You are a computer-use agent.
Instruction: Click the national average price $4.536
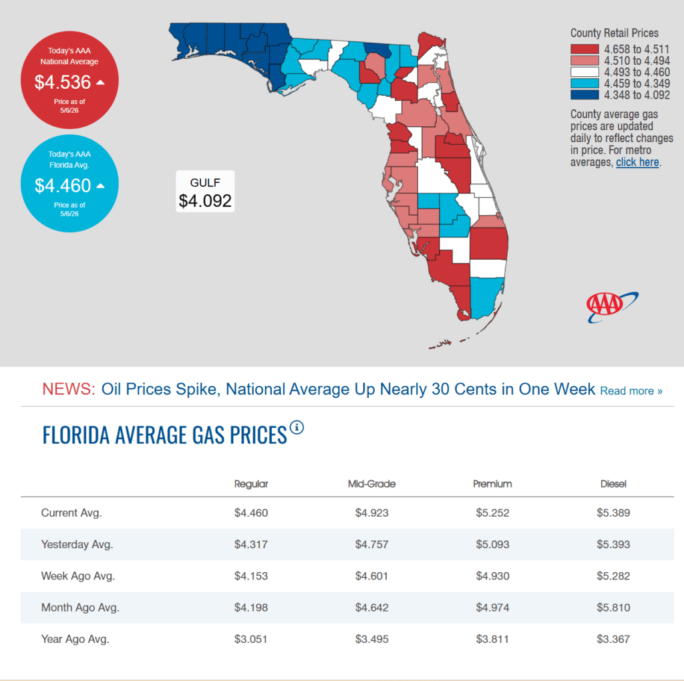click(x=63, y=82)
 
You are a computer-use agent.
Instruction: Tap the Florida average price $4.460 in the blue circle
click(x=63, y=186)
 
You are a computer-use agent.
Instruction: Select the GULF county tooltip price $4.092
click(x=205, y=201)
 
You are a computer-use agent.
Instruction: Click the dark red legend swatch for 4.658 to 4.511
click(x=584, y=49)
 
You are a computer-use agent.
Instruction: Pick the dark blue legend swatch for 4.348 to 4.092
click(x=584, y=95)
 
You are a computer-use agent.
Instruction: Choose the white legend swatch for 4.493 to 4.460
click(x=584, y=72)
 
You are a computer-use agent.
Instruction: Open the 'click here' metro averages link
click(x=637, y=162)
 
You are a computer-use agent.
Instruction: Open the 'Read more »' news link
click(x=631, y=391)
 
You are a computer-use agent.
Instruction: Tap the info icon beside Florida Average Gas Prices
click(x=297, y=427)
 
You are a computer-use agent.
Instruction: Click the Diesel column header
click(x=613, y=484)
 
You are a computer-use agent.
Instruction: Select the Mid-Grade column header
click(x=371, y=484)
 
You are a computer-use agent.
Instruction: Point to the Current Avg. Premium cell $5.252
click(x=492, y=513)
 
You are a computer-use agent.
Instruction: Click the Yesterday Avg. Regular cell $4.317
click(x=251, y=544)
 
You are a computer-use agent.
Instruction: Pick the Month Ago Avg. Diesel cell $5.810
click(x=613, y=608)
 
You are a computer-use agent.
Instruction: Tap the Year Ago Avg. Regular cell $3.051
click(x=251, y=639)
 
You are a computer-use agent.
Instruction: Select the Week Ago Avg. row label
click(x=78, y=576)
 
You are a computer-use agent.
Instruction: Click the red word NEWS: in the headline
click(x=69, y=389)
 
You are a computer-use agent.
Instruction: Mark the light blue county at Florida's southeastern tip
click(x=486, y=297)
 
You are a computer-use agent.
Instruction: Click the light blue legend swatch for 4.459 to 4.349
click(x=584, y=83)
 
